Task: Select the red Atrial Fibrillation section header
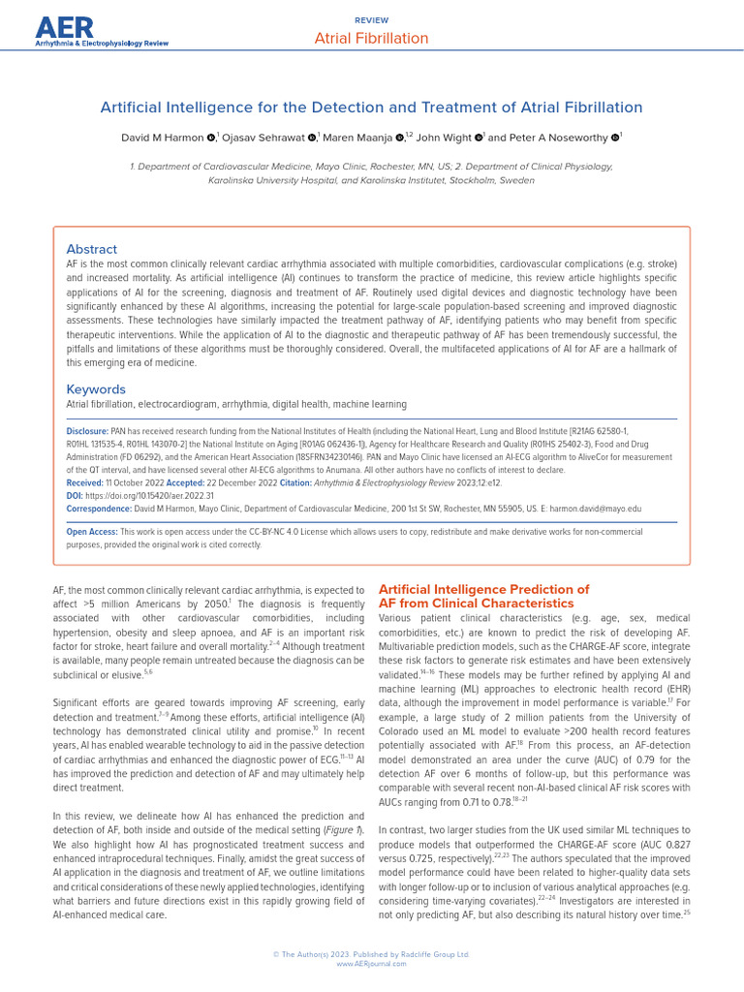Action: click(371, 39)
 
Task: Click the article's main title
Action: click(372, 108)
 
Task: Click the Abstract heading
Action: click(91, 249)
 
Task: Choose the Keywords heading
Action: click(96, 389)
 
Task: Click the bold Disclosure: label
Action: click(86, 430)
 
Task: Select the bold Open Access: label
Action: click(91, 532)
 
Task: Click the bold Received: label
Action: click(84, 482)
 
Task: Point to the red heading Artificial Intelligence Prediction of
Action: click(482, 589)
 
